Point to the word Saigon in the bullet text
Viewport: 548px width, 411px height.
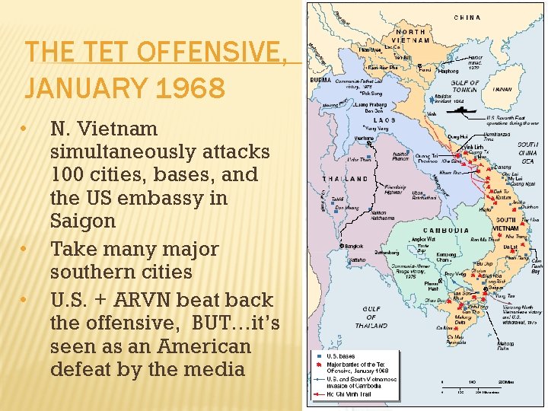point(82,221)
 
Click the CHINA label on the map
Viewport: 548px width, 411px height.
point(467,17)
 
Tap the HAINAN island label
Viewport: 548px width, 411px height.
point(502,89)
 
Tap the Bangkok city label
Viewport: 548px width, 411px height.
point(353,246)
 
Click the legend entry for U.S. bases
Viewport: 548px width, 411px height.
point(340,356)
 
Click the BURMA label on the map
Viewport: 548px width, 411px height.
point(317,80)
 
